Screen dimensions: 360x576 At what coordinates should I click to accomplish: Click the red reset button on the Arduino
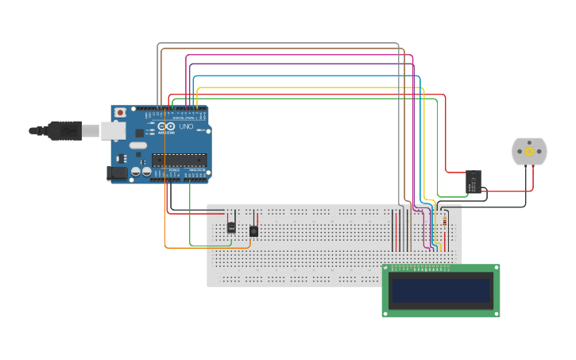coord(120,113)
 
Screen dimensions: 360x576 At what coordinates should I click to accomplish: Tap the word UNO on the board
coord(185,126)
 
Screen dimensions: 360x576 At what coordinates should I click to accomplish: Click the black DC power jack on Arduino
coord(117,172)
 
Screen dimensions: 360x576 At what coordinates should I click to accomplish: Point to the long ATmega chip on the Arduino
coord(179,159)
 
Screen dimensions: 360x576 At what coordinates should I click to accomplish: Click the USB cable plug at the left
coord(64,130)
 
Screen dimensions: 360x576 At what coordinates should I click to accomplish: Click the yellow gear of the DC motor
coord(529,151)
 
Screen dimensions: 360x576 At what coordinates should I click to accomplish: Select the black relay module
coord(473,182)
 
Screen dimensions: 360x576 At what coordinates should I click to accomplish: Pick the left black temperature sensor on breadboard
coord(231,226)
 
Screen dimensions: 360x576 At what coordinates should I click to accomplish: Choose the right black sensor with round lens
coord(253,231)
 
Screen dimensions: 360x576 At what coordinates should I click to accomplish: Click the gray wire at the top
coord(278,44)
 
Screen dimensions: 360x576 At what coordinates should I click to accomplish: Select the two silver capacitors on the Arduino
coord(141,171)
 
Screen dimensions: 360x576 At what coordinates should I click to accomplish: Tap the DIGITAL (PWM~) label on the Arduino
coord(183,118)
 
